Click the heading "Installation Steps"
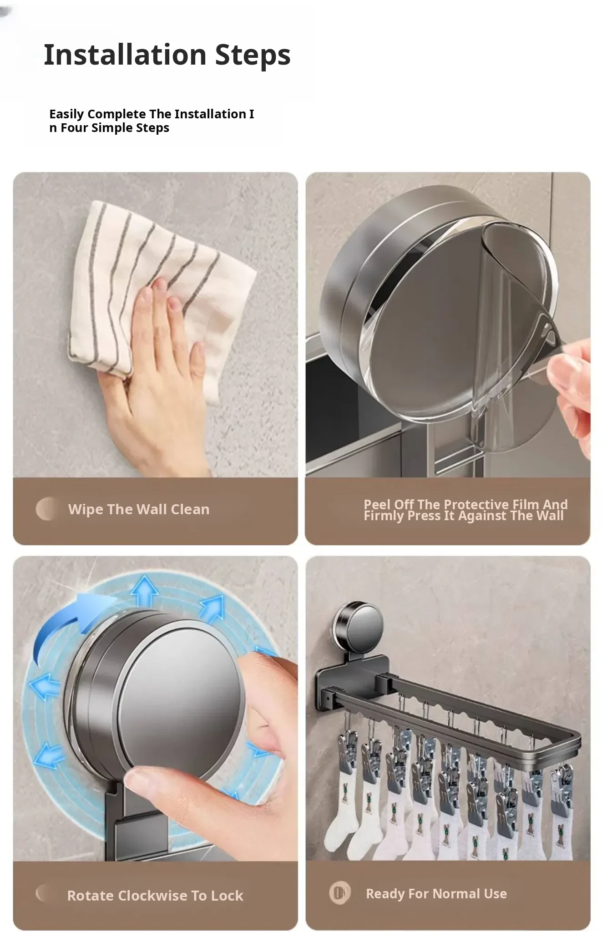(167, 55)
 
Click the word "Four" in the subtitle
(75, 128)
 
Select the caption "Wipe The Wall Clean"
(139, 509)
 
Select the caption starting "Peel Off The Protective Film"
(465, 510)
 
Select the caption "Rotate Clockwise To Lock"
(155, 896)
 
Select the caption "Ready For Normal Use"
(436, 894)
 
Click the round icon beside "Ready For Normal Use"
(340, 893)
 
